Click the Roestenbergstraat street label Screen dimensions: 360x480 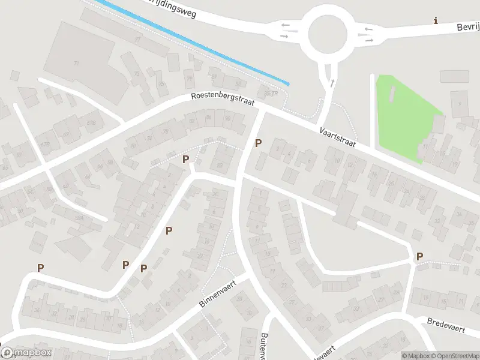click(223, 100)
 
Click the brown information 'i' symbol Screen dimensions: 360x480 click(436, 21)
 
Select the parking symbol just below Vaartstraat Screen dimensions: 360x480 click(259, 143)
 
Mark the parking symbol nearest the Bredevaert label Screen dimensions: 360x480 click(419, 256)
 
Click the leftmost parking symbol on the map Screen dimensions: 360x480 click(40, 268)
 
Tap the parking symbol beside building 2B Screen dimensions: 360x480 click(185, 159)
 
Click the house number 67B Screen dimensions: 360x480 click(44, 144)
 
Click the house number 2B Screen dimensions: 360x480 click(219, 165)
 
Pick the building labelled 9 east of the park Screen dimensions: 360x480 click(460, 104)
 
